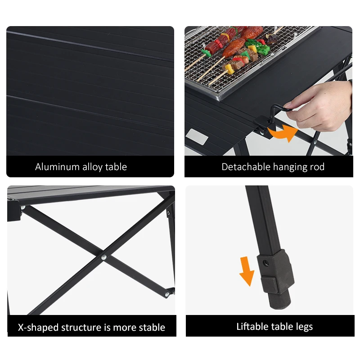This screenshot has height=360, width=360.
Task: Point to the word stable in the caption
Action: point(152,328)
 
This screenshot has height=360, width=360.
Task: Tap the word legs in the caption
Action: point(302,327)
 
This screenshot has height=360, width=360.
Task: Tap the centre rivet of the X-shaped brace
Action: point(104,257)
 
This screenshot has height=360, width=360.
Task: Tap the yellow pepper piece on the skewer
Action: point(229,69)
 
